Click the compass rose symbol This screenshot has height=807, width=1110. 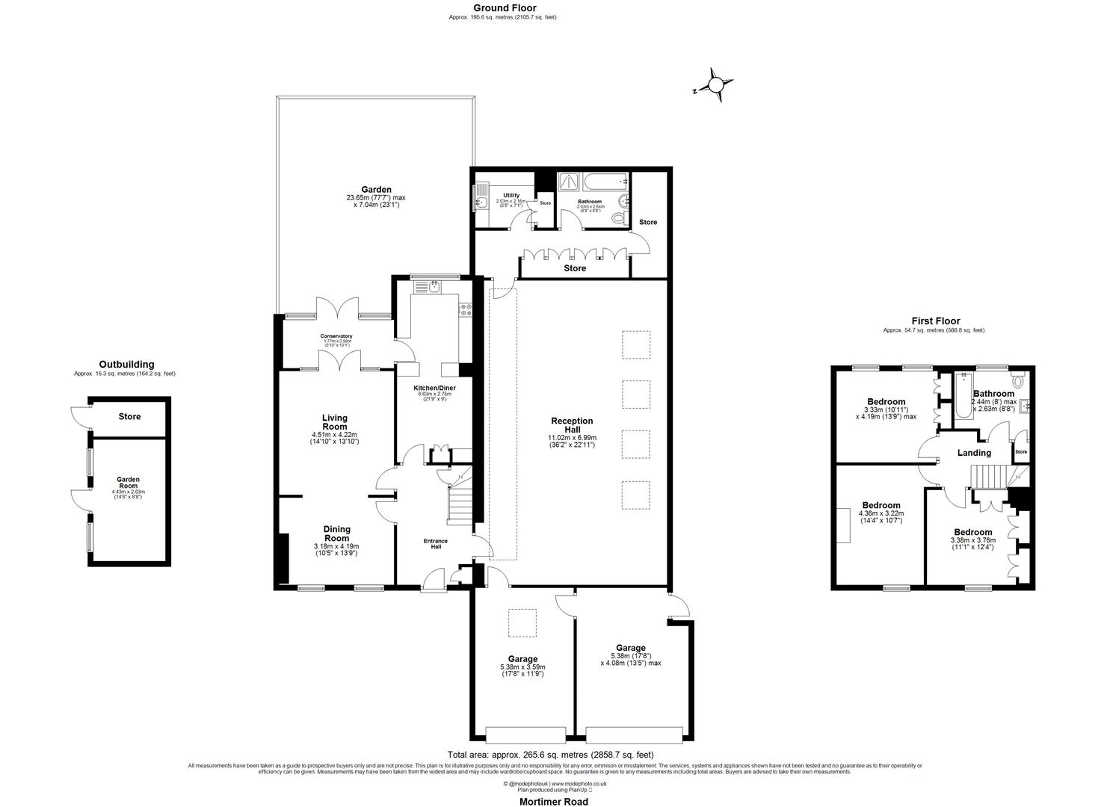pyautogui.click(x=716, y=84)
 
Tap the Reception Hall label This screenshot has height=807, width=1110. pyautogui.click(x=572, y=425)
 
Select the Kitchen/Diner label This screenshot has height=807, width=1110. pyautogui.click(x=434, y=388)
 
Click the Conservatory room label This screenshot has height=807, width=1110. pyautogui.click(x=336, y=336)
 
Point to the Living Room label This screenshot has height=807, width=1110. pyautogui.click(x=335, y=422)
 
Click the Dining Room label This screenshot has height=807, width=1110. pyautogui.click(x=336, y=534)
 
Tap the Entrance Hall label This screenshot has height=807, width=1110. pyautogui.click(x=436, y=544)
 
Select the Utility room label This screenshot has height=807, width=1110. pyautogui.click(x=511, y=196)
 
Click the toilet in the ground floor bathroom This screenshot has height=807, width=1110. pyautogui.click(x=617, y=218)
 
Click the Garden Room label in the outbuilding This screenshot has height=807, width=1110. pyautogui.click(x=129, y=483)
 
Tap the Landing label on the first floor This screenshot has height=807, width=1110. pyautogui.click(x=974, y=453)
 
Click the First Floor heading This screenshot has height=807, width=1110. pyautogui.click(x=934, y=321)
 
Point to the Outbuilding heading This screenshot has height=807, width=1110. pyautogui.click(x=126, y=365)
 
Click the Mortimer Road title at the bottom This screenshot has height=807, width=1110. pyautogui.click(x=554, y=802)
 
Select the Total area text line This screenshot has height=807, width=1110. pyautogui.click(x=550, y=755)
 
